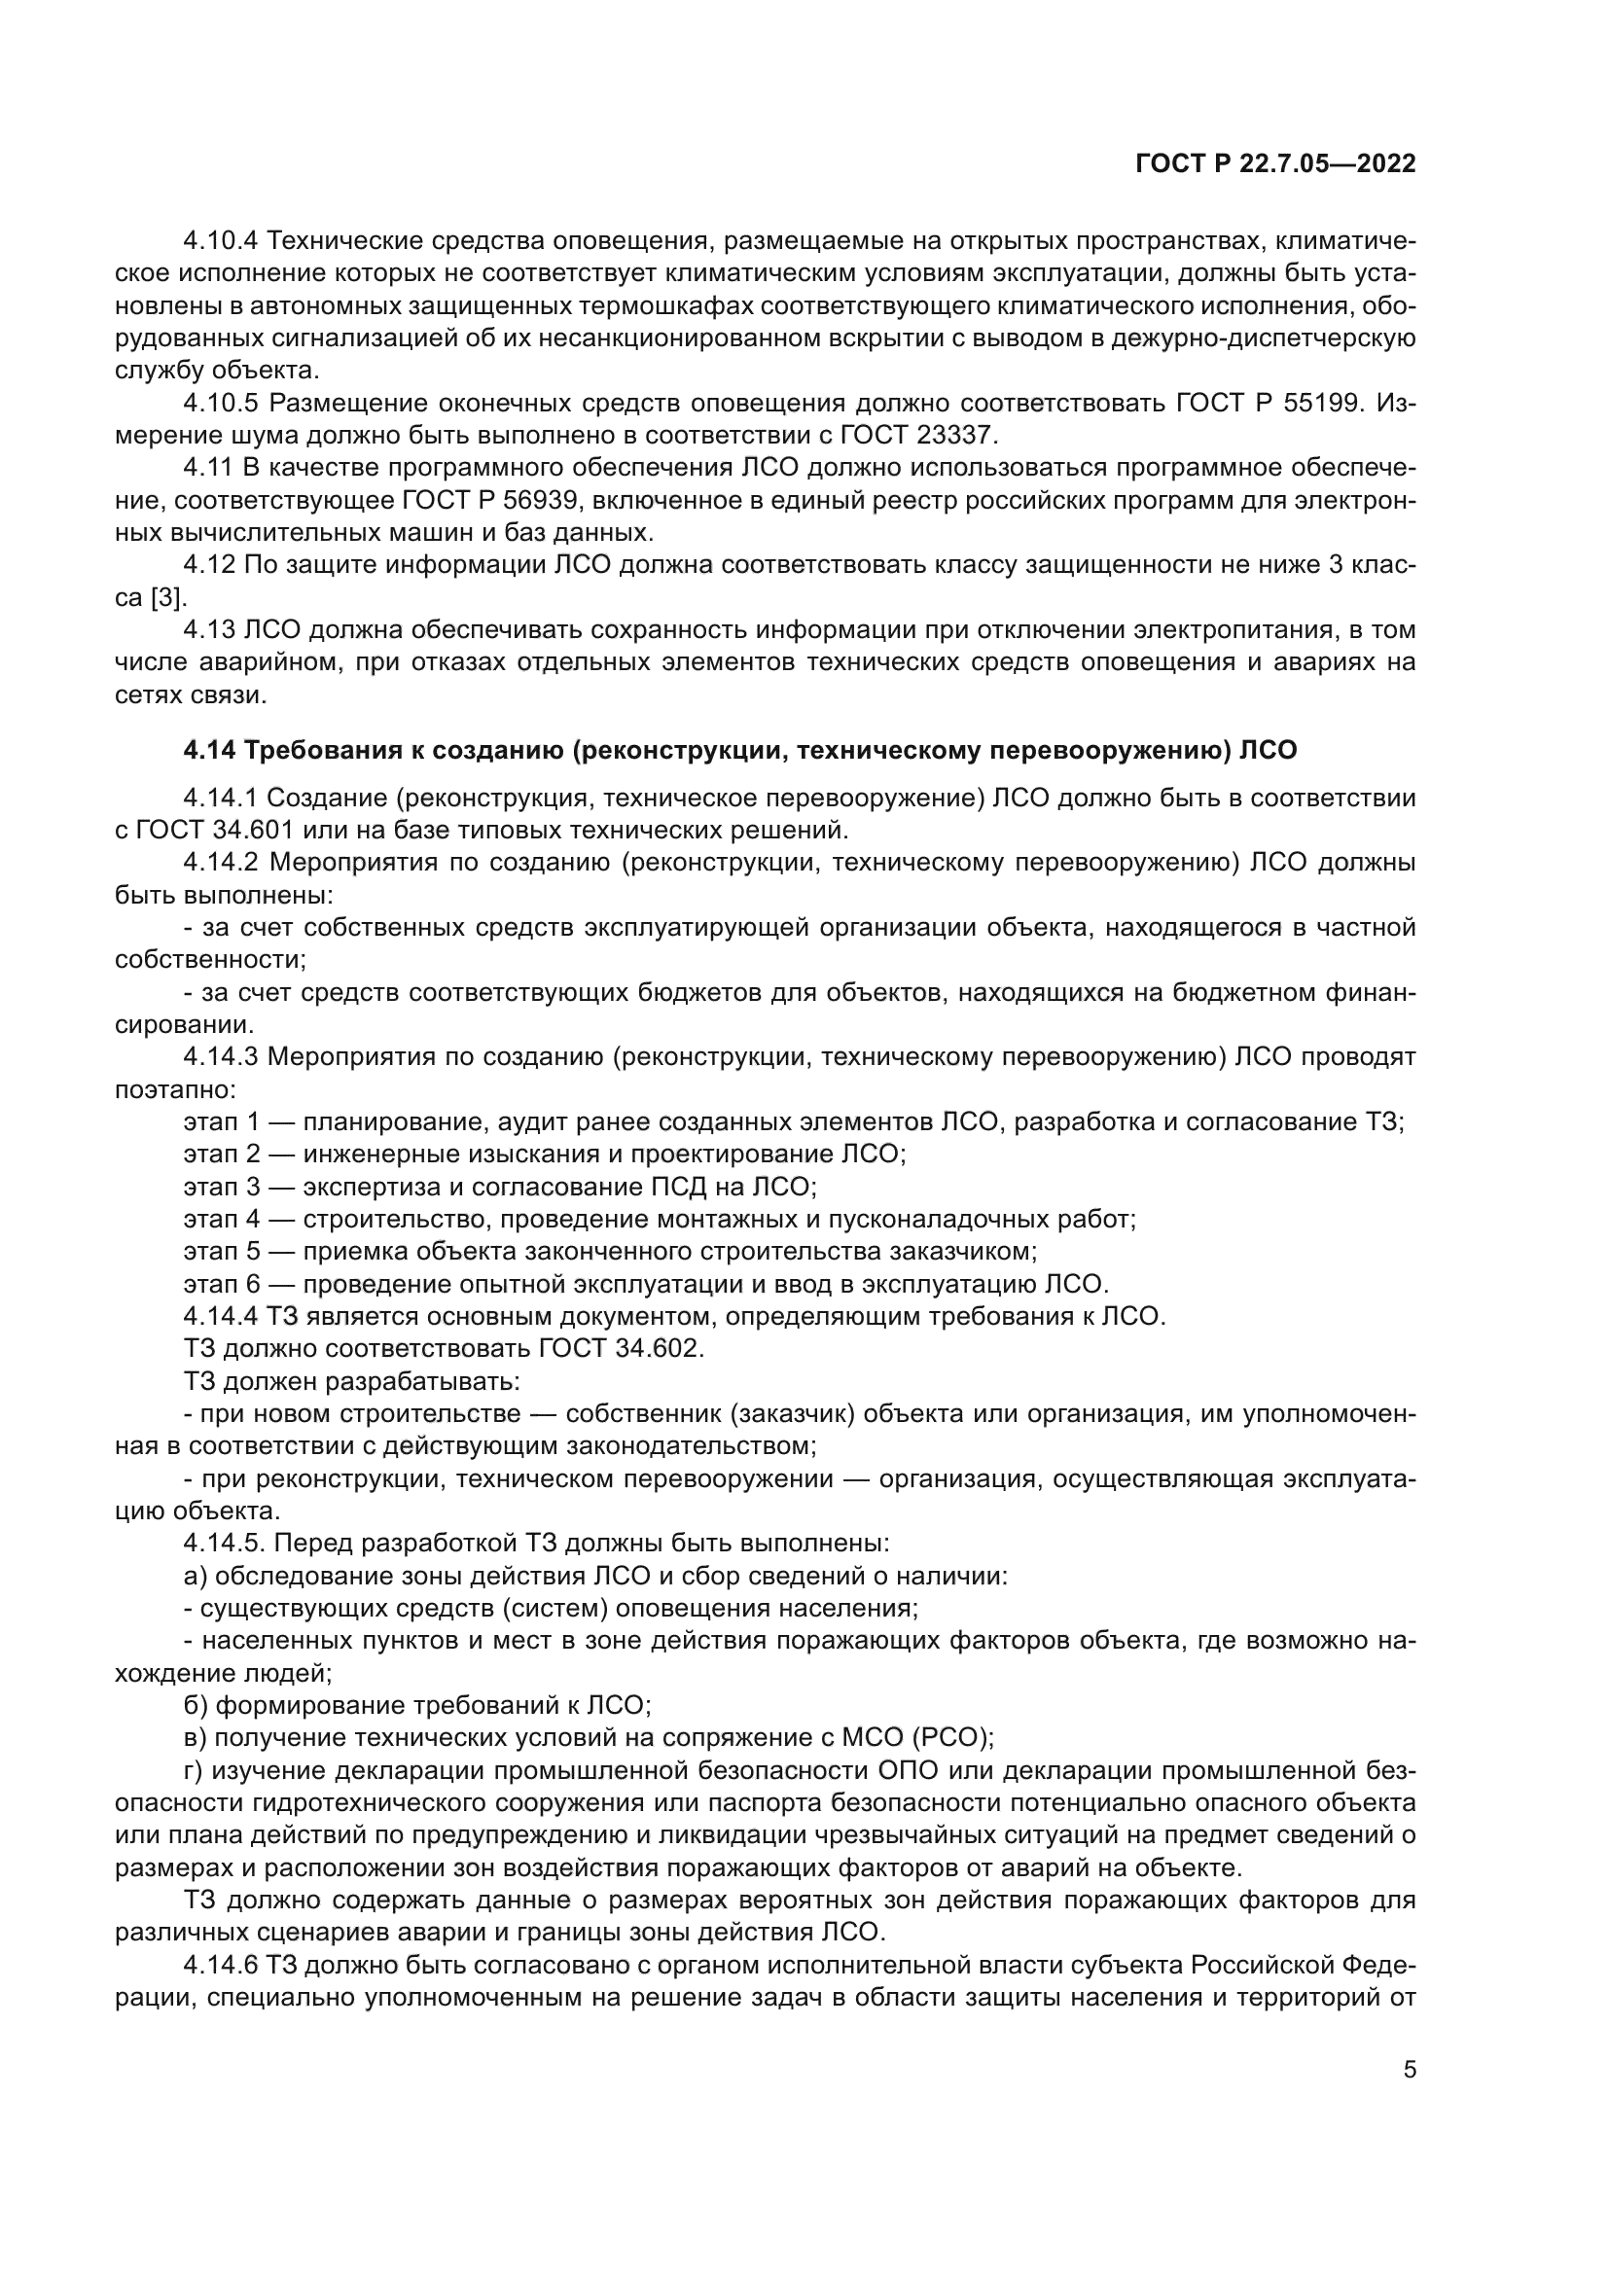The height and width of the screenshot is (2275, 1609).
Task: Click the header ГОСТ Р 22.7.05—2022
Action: [x=1275, y=164]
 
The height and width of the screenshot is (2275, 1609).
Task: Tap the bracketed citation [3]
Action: [x=167, y=597]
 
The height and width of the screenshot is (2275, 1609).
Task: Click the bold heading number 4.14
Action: [x=209, y=750]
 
